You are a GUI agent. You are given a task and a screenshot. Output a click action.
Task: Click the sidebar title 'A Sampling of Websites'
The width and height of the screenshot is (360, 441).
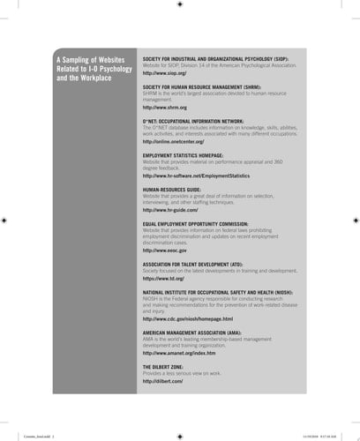tap(92, 58)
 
